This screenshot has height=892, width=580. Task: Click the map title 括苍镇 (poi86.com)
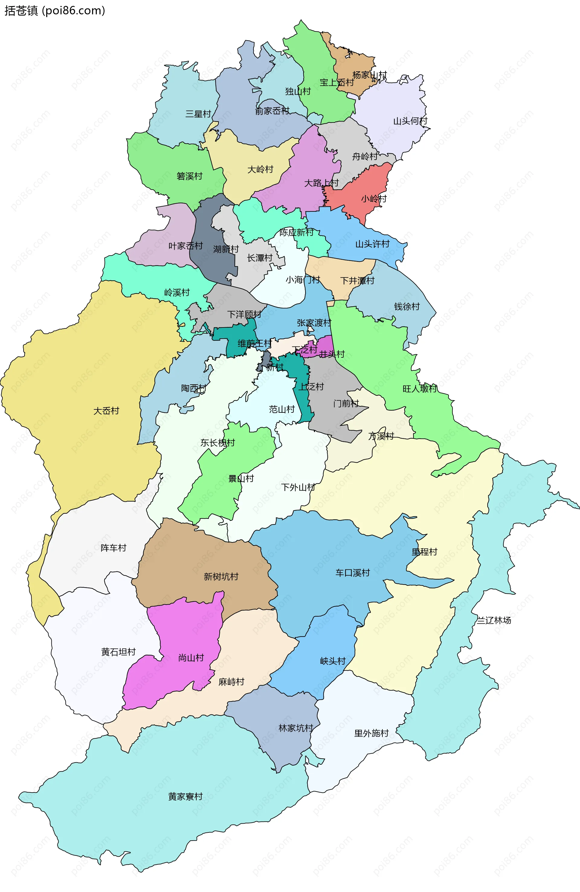click(x=55, y=11)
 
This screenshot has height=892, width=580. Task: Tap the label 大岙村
click(x=106, y=411)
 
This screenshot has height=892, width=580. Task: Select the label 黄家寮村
click(x=185, y=796)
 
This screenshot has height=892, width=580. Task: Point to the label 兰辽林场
click(x=494, y=620)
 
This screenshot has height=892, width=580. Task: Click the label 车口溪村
click(x=352, y=573)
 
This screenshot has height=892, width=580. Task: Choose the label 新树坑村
click(x=221, y=576)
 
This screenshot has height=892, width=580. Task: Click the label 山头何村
click(x=410, y=121)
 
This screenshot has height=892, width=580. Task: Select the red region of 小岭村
click(x=365, y=187)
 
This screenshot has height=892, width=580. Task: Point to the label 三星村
click(x=198, y=114)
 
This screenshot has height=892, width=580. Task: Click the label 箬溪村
click(x=189, y=176)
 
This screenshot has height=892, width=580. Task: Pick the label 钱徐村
click(x=407, y=307)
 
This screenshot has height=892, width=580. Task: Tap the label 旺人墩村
click(x=420, y=389)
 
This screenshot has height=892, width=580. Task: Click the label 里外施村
click(x=372, y=733)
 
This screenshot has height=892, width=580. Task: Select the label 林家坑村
click(x=296, y=728)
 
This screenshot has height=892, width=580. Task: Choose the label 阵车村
click(x=114, y=548)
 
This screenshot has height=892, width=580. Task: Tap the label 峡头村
click(x=333, y=661)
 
